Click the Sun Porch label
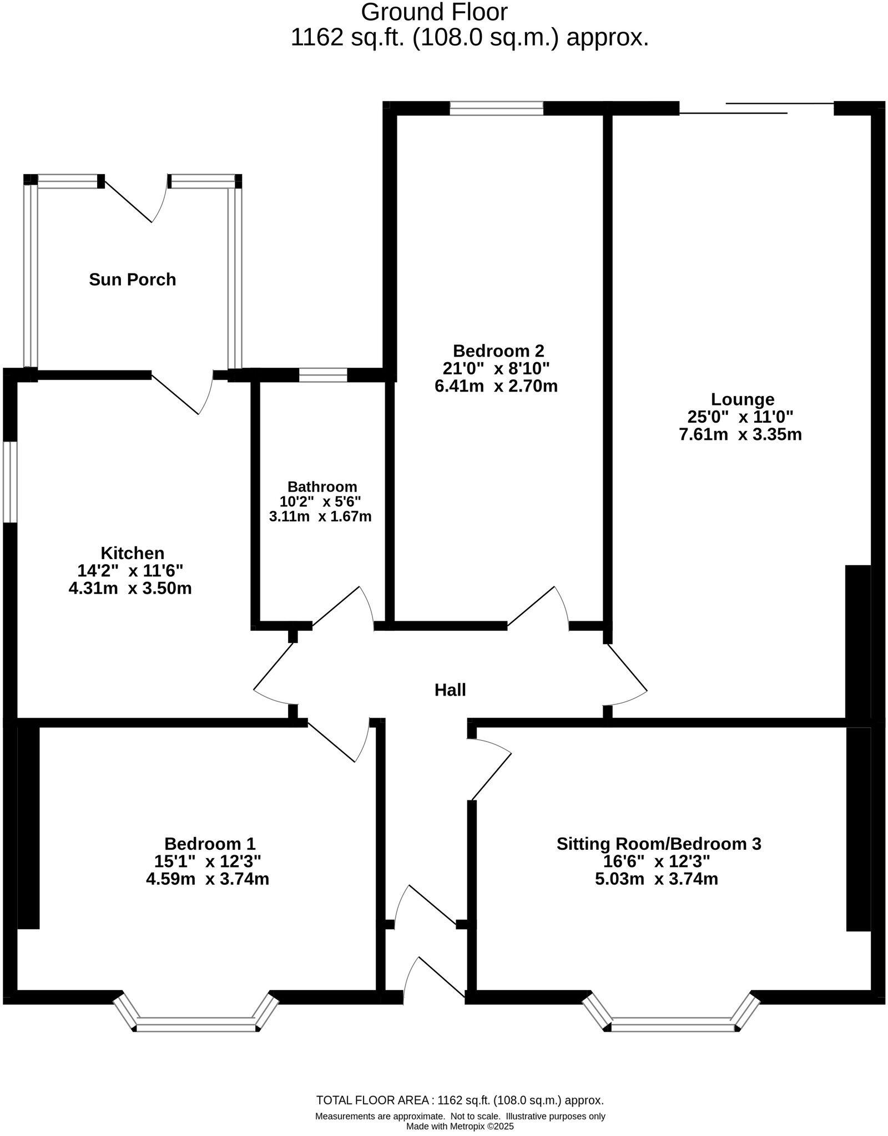pos(132,279)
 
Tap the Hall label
pos(450,689)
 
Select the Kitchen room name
pos(132,553)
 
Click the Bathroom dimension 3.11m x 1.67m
pos(320,516)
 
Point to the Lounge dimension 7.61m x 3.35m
pos(740,434)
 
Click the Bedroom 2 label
pos(498,351)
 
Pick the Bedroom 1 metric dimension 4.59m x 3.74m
pos(207,879)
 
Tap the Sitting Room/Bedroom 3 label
pos(658,844)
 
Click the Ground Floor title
pos(434,12)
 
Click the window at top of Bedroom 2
pos(496,108)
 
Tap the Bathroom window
pos(323,376)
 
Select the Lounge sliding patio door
pos(757,108)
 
